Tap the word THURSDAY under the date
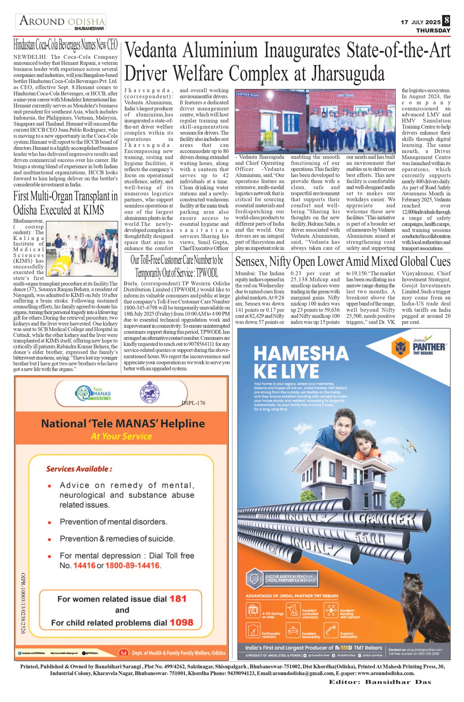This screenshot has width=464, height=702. (433, 30)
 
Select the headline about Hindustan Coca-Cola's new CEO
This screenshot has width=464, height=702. (65, 45)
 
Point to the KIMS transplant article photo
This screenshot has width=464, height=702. (82, 248)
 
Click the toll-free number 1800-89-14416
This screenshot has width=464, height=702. (132, 565)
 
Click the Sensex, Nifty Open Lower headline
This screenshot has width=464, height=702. (343, 262)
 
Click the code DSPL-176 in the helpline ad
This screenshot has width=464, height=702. (193, 403)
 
